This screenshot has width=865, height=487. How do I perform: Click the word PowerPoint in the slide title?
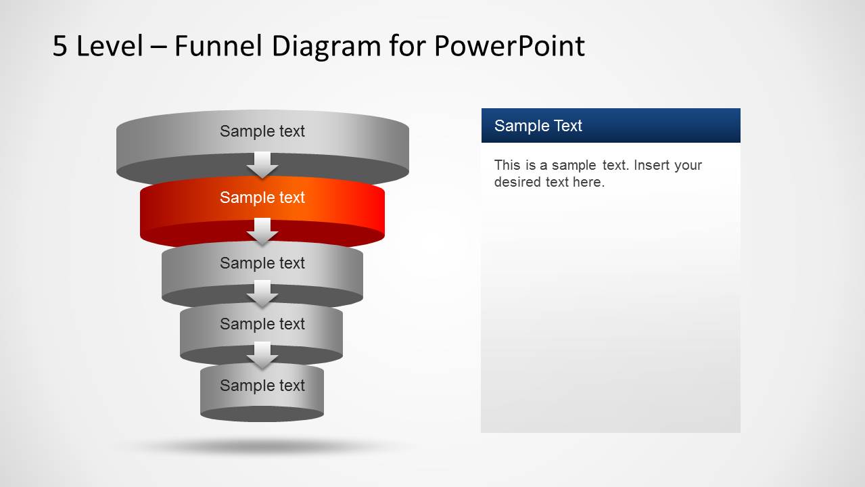point(509,46)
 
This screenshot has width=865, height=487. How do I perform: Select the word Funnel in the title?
point(223,46)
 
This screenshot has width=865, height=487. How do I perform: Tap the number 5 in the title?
point(60,46)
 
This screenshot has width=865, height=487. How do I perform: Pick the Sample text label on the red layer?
point(262,198)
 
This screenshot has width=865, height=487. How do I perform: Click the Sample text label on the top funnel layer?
point(262,131)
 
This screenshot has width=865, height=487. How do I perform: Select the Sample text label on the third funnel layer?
point(262,263)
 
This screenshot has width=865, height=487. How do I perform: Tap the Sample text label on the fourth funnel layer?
point(262,324)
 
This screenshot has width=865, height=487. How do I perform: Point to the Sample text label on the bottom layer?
point(262,386)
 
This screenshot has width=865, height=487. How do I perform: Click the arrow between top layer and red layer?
point(262,165)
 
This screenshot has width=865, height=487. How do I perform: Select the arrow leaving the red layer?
point(262,231)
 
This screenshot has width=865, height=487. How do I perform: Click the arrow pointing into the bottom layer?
point(262,355)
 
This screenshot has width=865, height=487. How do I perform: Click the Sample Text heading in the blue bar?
point(538,126)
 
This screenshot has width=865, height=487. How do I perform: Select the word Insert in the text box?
point(653,165)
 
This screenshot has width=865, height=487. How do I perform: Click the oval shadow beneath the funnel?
point(262,446)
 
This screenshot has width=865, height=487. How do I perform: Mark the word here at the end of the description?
point(588,182)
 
